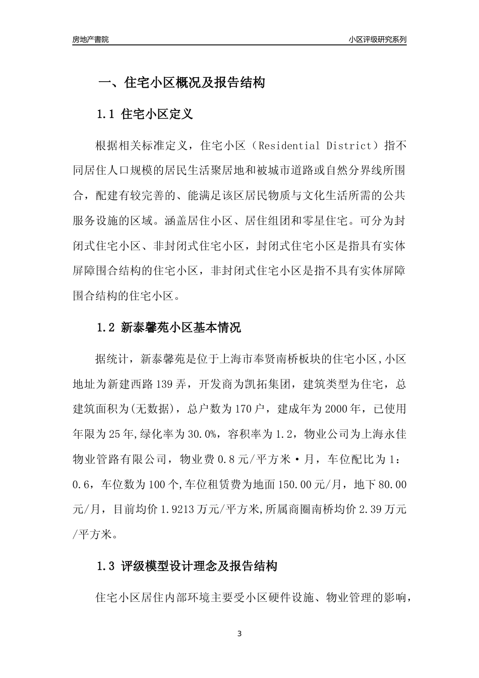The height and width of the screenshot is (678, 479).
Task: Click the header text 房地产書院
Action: click(90, 39)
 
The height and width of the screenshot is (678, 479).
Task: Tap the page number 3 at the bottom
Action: click(239, 634)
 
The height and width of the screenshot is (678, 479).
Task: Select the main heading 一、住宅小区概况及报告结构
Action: click(181, 83)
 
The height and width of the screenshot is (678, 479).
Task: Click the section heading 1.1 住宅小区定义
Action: click(145, 115)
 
